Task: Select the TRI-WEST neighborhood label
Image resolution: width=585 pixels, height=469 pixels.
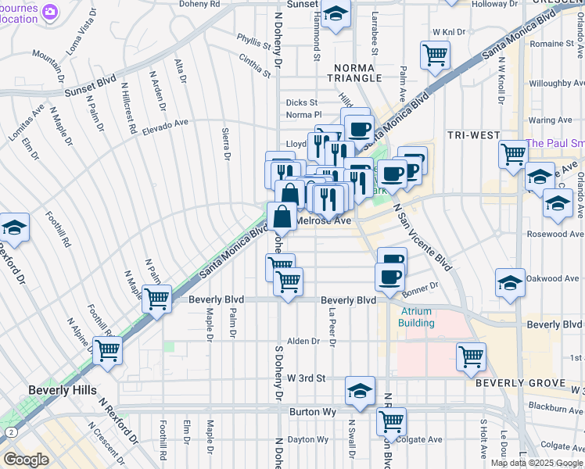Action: pos(474,135)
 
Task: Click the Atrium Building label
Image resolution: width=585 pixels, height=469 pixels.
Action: pos(415,317)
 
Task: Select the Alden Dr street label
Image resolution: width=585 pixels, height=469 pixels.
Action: pos(303,341)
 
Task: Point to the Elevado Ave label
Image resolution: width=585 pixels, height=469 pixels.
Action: pos(165,127)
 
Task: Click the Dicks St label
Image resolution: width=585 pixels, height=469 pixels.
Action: pos(301,102)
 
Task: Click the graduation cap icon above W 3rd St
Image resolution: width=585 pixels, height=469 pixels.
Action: pos(359,391)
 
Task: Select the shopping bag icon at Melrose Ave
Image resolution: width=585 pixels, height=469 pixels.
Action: pos(282,217)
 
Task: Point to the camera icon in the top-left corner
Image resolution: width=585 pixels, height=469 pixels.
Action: pos(50,12)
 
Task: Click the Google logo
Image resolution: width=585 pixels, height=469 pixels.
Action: pos(26,460)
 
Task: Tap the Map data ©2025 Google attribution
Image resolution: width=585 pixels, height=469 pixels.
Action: pos(537,463)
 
